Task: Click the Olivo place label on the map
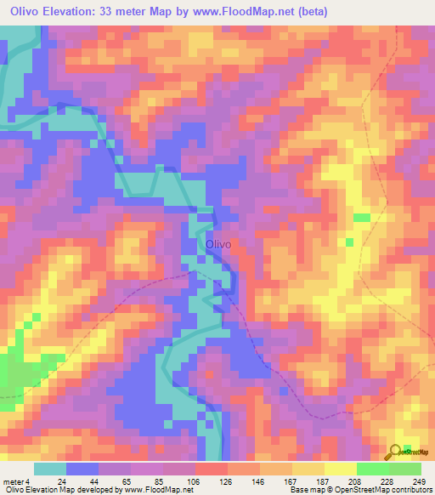[218, 244]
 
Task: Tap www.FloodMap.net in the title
[240, 12]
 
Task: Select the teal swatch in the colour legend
[50, 469]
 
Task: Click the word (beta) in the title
[311, 12]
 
